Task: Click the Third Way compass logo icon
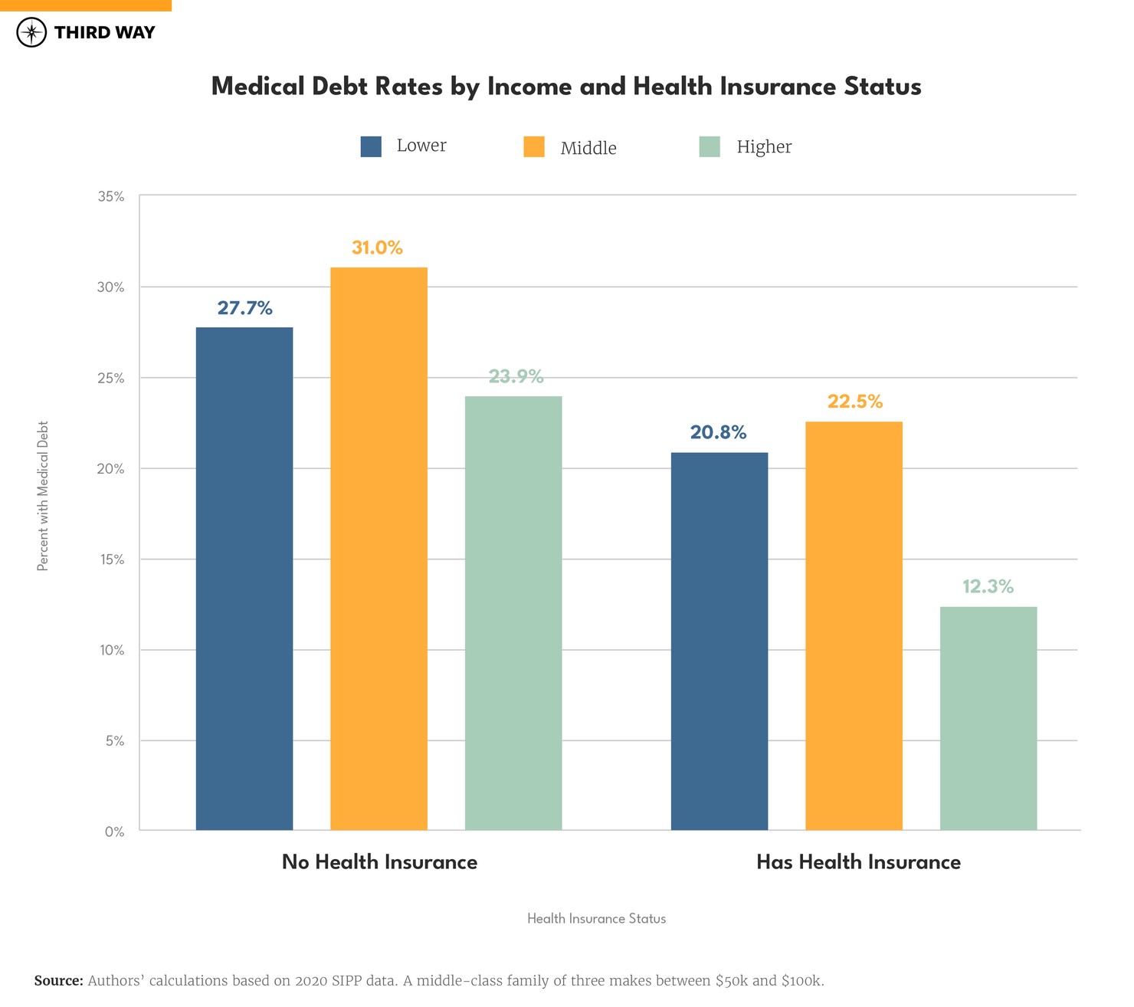(x=31, y=33)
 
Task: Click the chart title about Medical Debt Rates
(x=566, y=86)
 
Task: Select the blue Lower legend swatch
(x=371, y=146)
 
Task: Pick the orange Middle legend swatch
(x=534, y=146)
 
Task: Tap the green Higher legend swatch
(x=710, y=146)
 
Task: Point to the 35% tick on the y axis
(x=111, y=196)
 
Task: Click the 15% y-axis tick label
(x=111, y=559)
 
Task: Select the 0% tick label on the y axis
(x=114, y=832)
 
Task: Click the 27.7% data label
(x=244, y=308)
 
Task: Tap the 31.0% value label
(x=377, y=248)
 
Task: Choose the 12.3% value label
(x=988, y=586)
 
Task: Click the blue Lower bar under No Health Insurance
(x=244, y=579)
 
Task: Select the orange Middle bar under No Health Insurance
(x=379, y=549)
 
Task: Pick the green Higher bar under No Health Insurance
(x=513, y=613)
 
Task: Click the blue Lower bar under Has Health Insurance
(x=719, y=641)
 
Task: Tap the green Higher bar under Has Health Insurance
(x=988, y=718)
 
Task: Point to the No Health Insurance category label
(x=379, y=862)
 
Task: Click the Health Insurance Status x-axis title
(x=596, y=918)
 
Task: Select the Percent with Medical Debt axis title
(x=43, y=496)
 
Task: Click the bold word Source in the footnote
(x=58, y=981)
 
